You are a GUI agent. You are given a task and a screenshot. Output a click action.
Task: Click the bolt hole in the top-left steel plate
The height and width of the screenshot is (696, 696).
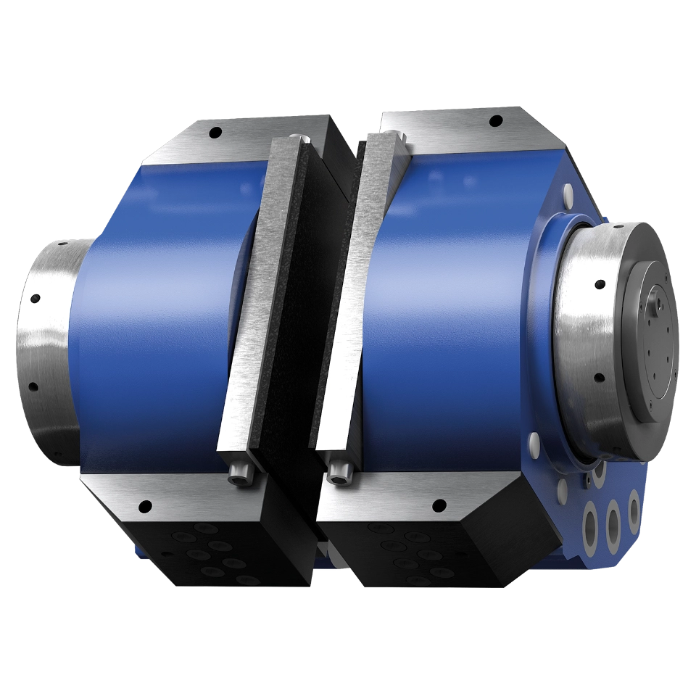pos(215,133)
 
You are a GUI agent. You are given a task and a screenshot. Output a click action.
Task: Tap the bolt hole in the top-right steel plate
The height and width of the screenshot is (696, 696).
pos(496,120)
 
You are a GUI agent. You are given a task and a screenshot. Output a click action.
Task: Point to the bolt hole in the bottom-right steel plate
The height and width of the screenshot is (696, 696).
pos(437,505)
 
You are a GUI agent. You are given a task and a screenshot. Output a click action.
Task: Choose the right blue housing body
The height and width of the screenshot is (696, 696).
pos(449,290)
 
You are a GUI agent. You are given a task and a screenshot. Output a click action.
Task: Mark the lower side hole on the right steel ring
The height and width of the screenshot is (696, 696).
pos(599,377)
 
